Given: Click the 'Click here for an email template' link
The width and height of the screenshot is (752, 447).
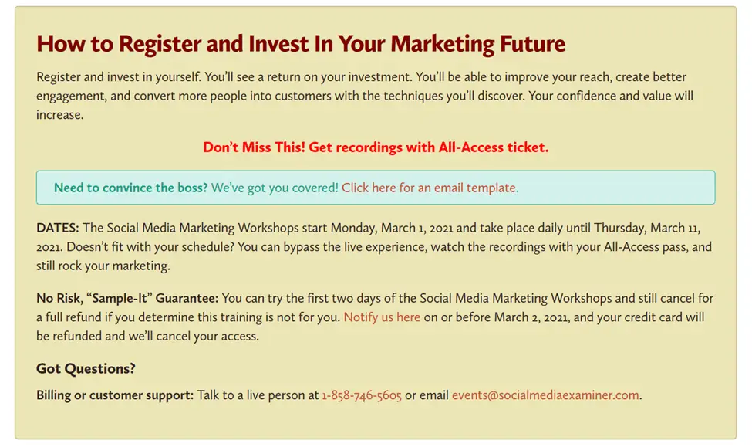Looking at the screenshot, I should click(x=430, y=188).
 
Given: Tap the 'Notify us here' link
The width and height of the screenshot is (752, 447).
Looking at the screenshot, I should click(x=382, y=317).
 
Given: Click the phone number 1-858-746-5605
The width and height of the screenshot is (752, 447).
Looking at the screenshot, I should click(x=362, y=395).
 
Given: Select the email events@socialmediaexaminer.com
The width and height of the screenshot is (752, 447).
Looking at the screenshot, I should click(x=545, y=395).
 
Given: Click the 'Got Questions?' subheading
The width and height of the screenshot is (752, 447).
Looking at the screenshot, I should click(x=86, y=369).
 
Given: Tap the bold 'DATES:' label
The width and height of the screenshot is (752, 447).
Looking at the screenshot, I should click(x=57, y=229).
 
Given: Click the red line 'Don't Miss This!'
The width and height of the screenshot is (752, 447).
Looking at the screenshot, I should click(x=254, y=147).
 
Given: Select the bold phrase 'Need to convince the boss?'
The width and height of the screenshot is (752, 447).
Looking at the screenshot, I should click(x=131, y=188).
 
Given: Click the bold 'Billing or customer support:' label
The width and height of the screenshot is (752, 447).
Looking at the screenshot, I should click(x=115, y=395).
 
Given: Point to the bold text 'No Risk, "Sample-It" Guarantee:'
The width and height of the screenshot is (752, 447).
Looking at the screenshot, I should click(x=127, y=299).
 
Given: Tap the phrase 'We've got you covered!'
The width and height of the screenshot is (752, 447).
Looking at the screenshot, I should click(x=275, y=188).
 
